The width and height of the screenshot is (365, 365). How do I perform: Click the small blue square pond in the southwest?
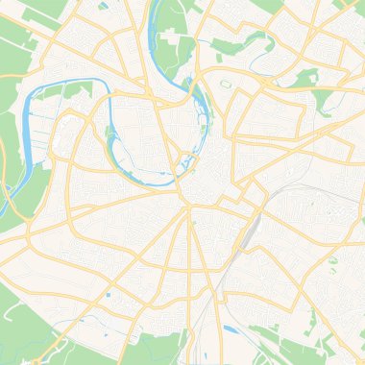[x=108, y=295]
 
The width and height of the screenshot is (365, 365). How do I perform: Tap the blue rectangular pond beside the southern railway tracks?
[x=231, y=330]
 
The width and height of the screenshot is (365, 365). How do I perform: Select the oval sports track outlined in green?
[x=227, y=84]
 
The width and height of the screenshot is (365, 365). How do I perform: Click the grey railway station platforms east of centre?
[x=253, y=230]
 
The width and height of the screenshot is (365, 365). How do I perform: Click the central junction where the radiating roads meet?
[x=185, y=203]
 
